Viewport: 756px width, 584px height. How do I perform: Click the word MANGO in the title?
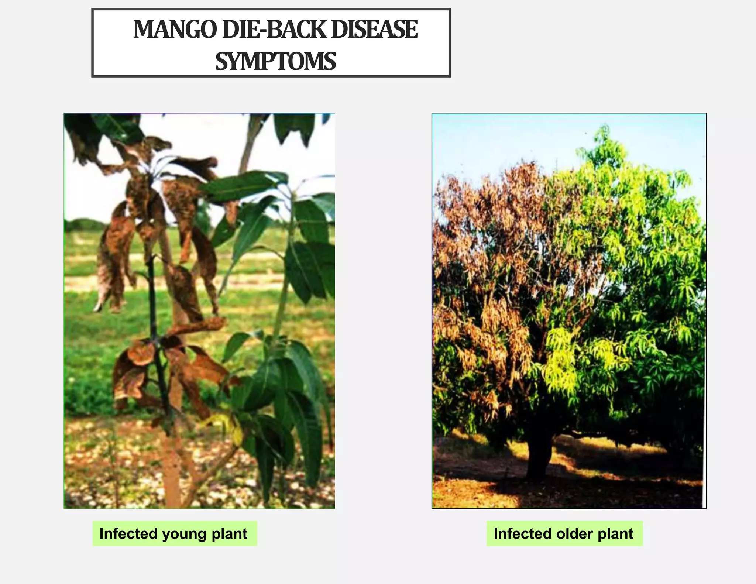point(175,30)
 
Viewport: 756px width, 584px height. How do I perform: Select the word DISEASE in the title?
point(374,30)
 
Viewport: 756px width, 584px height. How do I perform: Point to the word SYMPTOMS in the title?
point(275,61)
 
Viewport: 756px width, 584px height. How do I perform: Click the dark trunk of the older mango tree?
point(539,458)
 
